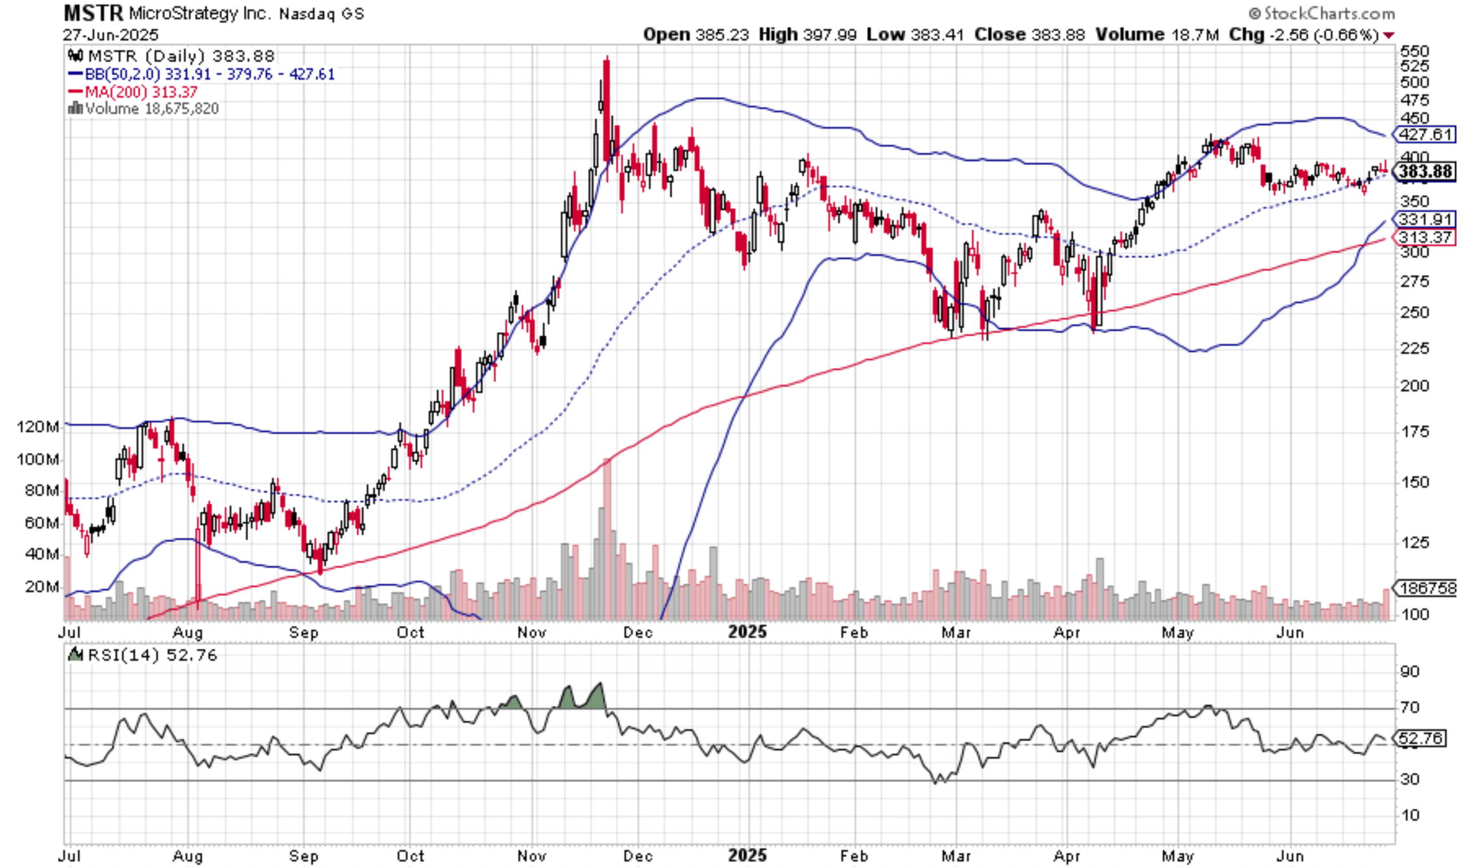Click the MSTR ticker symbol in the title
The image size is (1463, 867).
93,12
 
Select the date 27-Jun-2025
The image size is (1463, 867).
110,35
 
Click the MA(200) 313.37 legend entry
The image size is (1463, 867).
140,92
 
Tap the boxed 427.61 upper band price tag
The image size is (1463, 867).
1425,134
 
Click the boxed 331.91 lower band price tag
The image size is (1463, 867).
1425,219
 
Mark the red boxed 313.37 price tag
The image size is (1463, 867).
1425,237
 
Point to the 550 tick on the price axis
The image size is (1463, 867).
1414,51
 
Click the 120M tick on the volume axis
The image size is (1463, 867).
38,427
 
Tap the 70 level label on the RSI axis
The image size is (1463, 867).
1409,707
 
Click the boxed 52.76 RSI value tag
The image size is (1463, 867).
1421,738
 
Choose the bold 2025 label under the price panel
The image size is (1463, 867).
747,632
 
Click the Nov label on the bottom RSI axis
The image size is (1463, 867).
531,855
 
